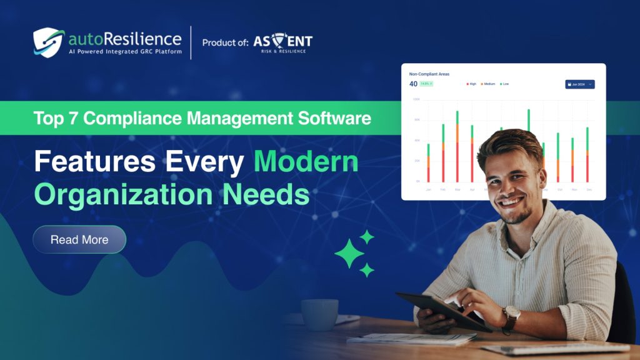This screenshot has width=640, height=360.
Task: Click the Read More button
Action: (79, 239)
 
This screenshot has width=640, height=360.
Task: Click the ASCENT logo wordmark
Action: (282, 42)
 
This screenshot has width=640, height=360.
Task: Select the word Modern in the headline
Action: (306, 162)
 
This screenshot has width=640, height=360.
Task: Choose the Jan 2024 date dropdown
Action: (579, 84)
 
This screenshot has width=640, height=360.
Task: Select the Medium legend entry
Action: (488, 84)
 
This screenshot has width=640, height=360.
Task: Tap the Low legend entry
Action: (504, 84)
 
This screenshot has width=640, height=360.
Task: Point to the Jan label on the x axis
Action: (428, 189)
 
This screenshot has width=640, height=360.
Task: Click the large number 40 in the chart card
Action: (413, 84)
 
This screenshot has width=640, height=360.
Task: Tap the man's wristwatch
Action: (511, 315)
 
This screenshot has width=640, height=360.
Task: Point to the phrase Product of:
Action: (225, 42)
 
